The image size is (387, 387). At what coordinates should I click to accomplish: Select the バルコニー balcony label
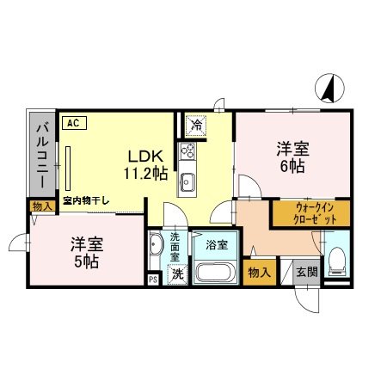(40, 156)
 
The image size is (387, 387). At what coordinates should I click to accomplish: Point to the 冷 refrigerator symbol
(197, 126)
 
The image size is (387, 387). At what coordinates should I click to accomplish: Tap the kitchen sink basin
(187, 181)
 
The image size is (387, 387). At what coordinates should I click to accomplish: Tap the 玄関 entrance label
(307, 273)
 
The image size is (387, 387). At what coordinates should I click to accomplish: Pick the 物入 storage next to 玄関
(259, 273)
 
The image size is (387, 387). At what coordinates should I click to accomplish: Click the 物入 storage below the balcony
(40, 206)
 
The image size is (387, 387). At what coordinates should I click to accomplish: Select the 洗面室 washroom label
(175, 246)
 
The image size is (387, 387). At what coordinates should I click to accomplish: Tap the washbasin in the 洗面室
(157, 248)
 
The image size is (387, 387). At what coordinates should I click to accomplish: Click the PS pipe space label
(153, 279)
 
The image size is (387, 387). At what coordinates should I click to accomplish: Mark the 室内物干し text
(86, 201)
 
